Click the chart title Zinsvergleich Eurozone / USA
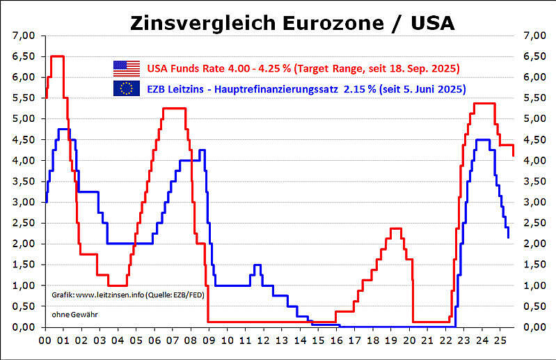tap(292, 23)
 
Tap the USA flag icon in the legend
tap(126, 68)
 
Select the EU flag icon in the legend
tap(126, 88)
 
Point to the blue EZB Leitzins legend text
tap(306, 88)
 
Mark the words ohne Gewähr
tap(74, 315)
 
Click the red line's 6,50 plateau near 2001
tap(58, 56)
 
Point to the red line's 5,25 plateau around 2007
tap(174, 108)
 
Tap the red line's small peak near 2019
tap(396, 228)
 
